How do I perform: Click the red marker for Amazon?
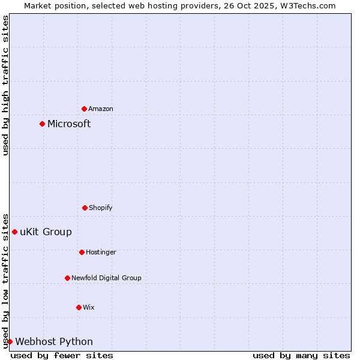[x=84, y=109]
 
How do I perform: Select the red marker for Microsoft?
[x=42, y=124]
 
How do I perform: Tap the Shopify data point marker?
[x=85, y=208]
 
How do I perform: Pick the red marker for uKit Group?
[x=14, y=232]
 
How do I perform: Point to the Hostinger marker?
[x=82, y=252]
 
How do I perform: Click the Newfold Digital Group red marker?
[x=67, y=278]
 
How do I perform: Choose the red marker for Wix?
[x=79, y=307]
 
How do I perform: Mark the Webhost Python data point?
[x=10, y=341]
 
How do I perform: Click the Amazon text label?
[x=101, y=109]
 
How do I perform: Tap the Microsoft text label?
[x=69, y=124]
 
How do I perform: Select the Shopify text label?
[x=101, y=208]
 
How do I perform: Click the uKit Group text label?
[x=46, y=232]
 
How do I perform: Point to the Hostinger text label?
[x=101, y=252]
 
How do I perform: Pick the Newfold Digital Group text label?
[x=106, y=278]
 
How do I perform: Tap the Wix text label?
[x=89, y=307]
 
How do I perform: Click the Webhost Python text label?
[x=54, y=341]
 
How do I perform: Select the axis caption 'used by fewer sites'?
[x=62, y=355]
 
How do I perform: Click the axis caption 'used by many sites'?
[x=301, y=355]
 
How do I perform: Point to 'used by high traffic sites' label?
[x=5, y=85]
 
